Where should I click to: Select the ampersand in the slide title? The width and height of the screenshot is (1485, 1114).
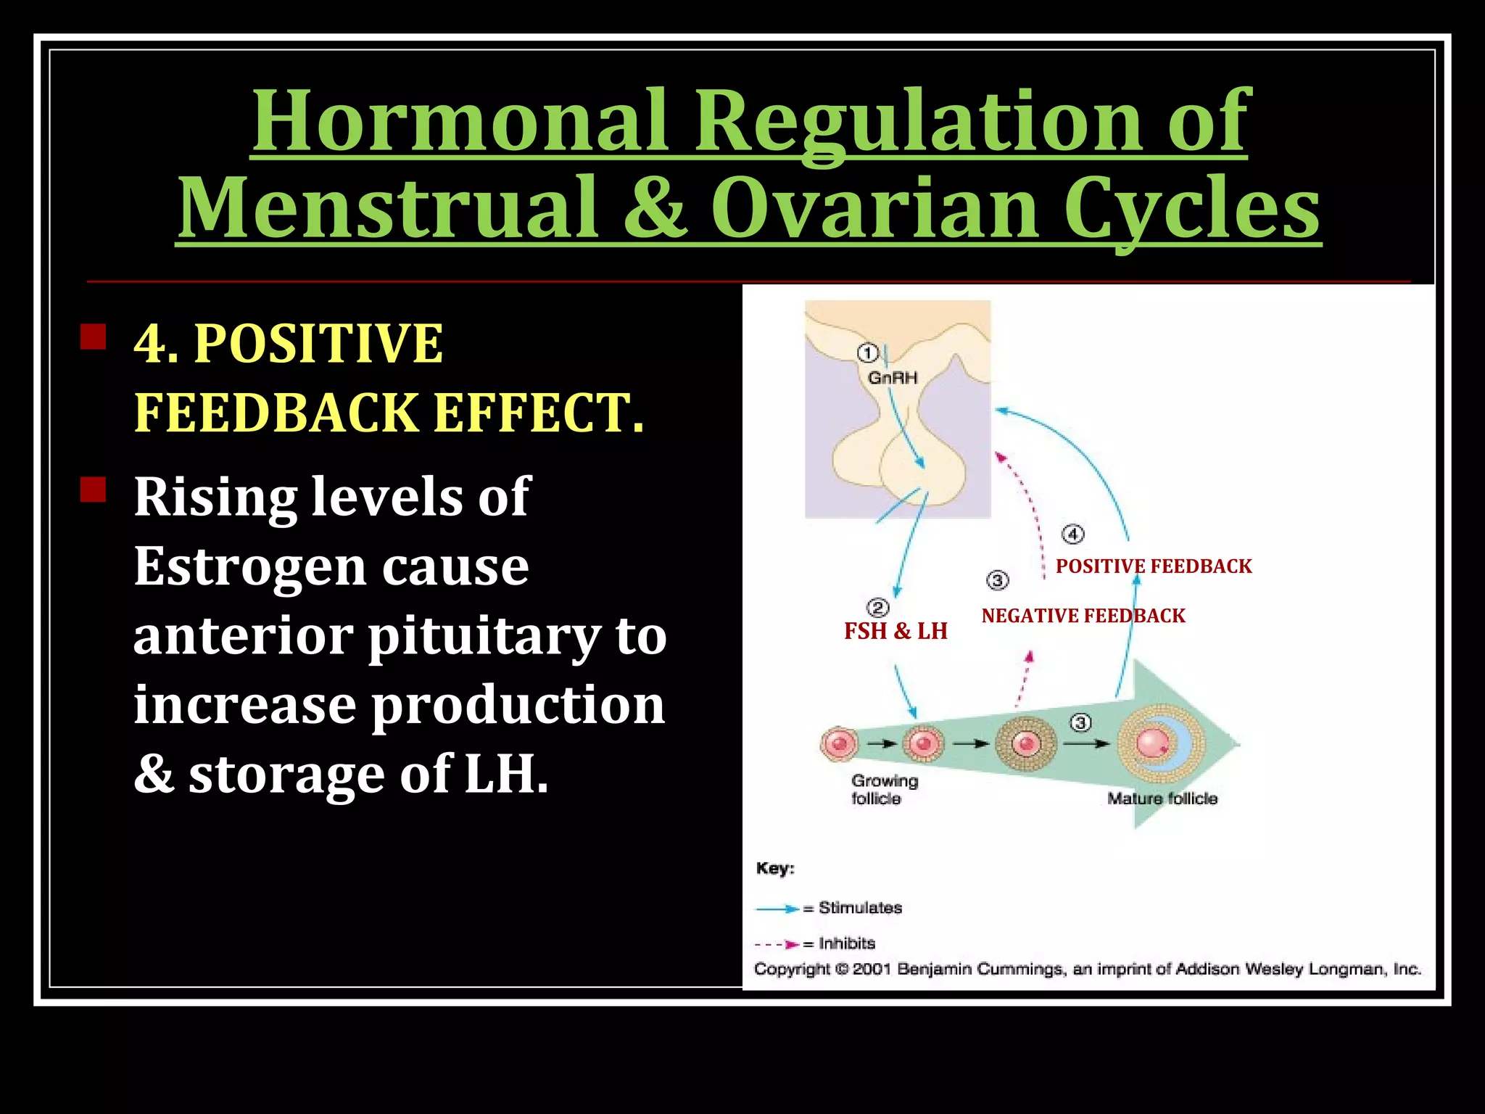[655, 208]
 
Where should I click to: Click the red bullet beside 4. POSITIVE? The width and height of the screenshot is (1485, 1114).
[94, 337]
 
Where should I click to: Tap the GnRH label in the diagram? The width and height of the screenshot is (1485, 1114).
[893, 378]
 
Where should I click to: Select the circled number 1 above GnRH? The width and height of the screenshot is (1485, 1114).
[867, 353]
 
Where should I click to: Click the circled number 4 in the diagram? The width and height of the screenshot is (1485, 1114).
[1072, 535]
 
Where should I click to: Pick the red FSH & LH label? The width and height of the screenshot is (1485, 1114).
[895, 631]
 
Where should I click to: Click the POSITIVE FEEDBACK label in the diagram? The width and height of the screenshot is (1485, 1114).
[1154, 566]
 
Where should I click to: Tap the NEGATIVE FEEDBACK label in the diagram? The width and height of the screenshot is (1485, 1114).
[1083, 616]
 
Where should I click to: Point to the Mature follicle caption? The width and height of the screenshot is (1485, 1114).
[1162, 799]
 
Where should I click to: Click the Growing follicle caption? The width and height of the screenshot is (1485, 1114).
[884, 790]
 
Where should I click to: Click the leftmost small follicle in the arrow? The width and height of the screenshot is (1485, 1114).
[840, 744]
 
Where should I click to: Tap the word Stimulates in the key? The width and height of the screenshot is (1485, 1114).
[860, 908]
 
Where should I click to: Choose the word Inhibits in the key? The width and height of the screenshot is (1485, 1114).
[847, 944]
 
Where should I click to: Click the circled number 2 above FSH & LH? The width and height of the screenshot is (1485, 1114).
[877, 608]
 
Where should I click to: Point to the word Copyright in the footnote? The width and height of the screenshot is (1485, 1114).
[792, 970]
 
